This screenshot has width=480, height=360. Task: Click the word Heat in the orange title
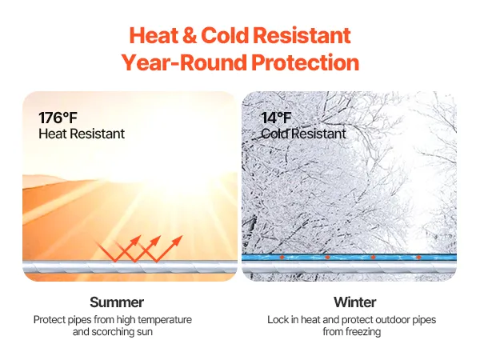(x=154, y=35)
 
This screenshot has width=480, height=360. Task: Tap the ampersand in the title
(x=190, y=35)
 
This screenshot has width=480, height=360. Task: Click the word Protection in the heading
(x=306, y=62)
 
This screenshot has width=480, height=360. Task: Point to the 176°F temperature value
(x=58, y=118)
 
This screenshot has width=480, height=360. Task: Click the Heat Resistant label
(x=82, y=134)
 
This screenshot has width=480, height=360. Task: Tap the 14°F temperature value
(x=276, y=118)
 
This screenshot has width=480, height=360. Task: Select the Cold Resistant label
(x=303, y=134)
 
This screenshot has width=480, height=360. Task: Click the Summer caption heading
(x=117, y=302)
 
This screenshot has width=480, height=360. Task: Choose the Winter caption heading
(x=354, y=302)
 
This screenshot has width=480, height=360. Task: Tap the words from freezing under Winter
(x=352, y=331)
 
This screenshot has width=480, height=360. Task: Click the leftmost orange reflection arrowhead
(x=135, y=240)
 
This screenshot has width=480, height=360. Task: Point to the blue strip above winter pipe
(x=349, y=257)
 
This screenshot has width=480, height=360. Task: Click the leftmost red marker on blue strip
(x=282, y=257)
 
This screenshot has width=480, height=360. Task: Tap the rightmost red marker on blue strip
(x=418, y=257)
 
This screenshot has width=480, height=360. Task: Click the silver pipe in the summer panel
(x=130, y=267)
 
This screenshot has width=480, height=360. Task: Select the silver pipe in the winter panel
(x=349, y=267)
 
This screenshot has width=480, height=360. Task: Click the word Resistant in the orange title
(x=302, y=35)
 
